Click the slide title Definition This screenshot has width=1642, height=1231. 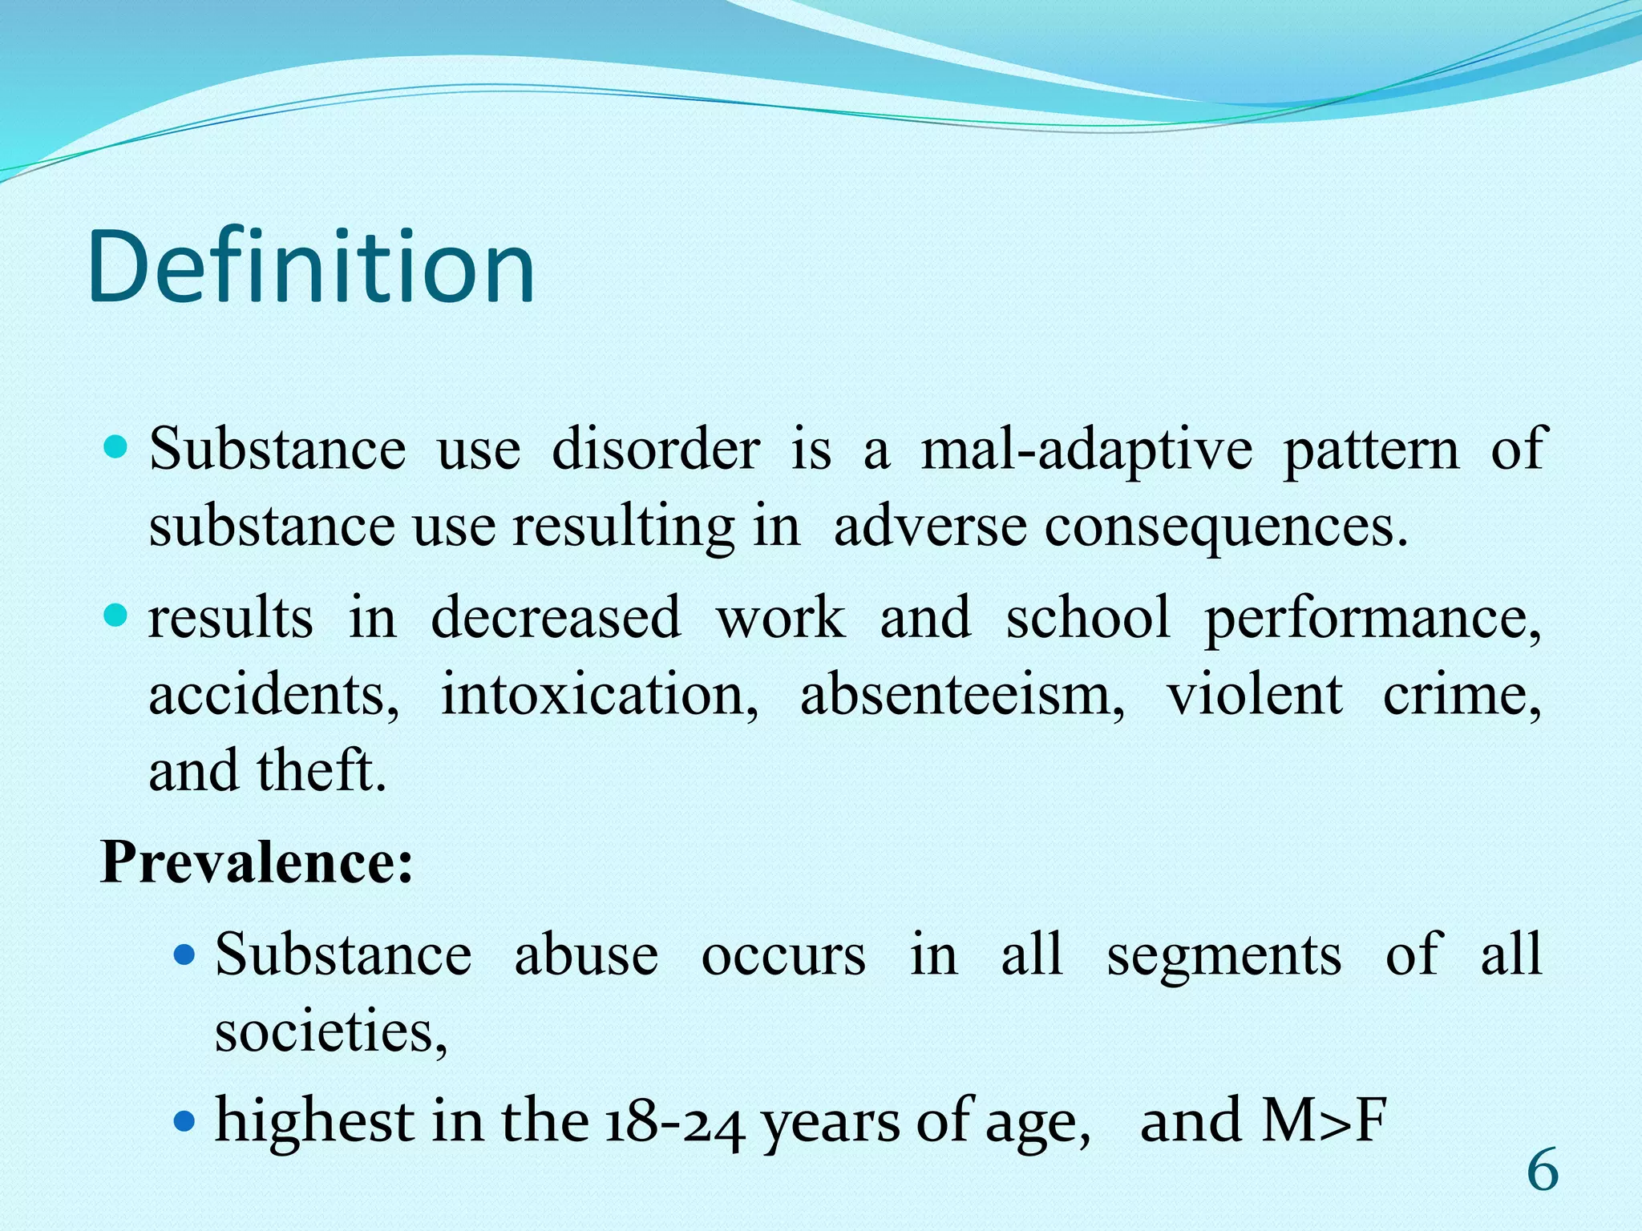[x=311, y=267]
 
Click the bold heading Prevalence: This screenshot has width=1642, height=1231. [x=257, y=863]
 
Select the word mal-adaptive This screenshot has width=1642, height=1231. [x=1086, y=450]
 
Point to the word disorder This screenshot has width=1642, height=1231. [x=655, y=450]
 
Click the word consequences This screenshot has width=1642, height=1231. [x=1224, y=528]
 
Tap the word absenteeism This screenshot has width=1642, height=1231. [x=962, y=694]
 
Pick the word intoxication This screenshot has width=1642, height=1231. [x=599, y=694]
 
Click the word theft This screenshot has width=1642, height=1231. [x=321, y=770]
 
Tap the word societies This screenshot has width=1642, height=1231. [x=330, y=1031]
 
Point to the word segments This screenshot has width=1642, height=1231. [x=1223, y=955]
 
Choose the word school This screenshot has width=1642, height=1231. [x=1088, y=618]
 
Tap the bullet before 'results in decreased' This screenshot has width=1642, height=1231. [x=116, y=615]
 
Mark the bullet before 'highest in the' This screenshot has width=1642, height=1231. [x=184, y=1120]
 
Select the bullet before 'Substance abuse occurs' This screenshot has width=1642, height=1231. [x=184, y=955]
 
